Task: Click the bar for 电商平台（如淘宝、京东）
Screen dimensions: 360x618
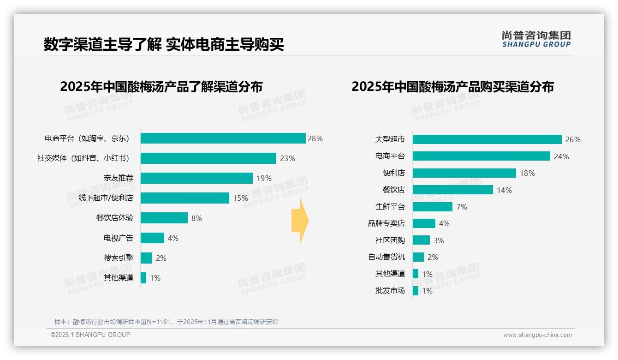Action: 223,138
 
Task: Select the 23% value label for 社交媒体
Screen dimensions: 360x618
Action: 287,158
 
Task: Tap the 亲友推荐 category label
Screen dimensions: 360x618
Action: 118,178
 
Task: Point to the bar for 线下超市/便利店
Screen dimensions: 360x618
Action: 184,198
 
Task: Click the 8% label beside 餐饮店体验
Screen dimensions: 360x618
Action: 197,218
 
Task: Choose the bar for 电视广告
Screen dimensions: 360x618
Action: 152,238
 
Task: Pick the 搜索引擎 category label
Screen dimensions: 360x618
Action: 118,258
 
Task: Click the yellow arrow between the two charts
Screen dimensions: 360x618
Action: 300,221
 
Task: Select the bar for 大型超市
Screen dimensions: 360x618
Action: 487,139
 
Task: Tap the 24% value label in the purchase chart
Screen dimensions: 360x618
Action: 561,156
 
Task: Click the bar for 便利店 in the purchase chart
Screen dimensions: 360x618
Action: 464,173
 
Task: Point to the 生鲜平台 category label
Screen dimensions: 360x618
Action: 390,207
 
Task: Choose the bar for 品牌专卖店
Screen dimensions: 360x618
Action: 424,223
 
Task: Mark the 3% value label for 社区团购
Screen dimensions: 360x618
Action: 439,240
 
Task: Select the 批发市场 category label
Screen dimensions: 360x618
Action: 390,291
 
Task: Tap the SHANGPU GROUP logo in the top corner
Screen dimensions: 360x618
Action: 536,39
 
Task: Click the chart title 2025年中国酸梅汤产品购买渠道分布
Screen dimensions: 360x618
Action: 452,87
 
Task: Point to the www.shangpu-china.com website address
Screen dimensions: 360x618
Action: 537,335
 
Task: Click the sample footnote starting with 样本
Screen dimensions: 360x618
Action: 166,322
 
